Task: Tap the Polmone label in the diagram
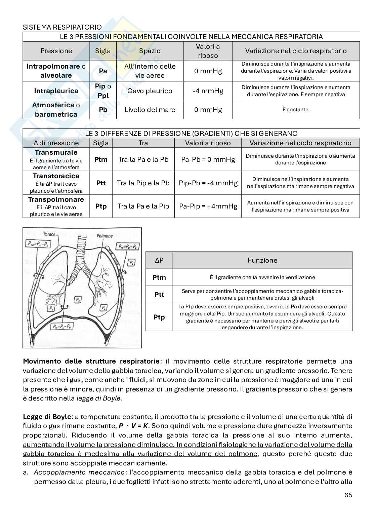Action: click(x=105, y=236)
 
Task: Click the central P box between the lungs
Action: click(x=78, y=299)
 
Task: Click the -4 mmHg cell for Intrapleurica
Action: click(x=208, y=91)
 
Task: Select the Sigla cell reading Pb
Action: click(x=103, y=110)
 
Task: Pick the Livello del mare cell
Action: click(x=150, y=110)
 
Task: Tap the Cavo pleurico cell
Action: click(x=150, y=91)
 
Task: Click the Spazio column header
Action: click(x=150, y=51)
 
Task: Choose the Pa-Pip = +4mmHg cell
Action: click(x=208, y=206)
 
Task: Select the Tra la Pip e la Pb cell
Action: click(x=143, y=183)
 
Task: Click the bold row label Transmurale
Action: click(x=56, y=152)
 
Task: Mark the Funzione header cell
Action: click(x=262, y=260)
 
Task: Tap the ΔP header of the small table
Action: click(x=159, y=260)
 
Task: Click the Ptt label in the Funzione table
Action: click(x=159, y=295)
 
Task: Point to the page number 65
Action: click(x=348, y=495)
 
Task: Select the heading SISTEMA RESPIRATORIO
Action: click(x=62, y=27)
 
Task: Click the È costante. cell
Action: click(x=296, y=110)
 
